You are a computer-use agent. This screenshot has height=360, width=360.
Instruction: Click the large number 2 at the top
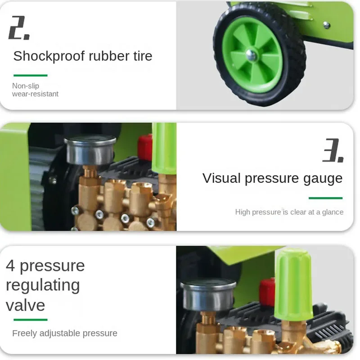(19, 27)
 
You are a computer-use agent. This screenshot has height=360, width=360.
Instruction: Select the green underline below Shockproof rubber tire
(30, 76)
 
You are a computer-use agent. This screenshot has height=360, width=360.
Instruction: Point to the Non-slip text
(26, 86)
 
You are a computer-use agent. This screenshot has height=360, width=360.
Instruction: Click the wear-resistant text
(35, 94)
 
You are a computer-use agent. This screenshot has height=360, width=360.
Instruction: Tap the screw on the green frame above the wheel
(327, 25)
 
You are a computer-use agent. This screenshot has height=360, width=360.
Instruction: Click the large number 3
(333, 151)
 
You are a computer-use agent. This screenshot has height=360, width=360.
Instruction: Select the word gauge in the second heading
(321, 178)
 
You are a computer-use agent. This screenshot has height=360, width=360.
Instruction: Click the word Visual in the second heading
(220, 178)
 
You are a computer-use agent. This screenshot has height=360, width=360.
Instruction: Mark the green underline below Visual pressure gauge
(325, 198)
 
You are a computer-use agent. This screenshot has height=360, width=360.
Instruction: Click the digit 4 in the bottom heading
(10, 265)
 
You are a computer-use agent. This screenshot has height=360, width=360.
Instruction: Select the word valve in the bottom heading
(25, 305)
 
